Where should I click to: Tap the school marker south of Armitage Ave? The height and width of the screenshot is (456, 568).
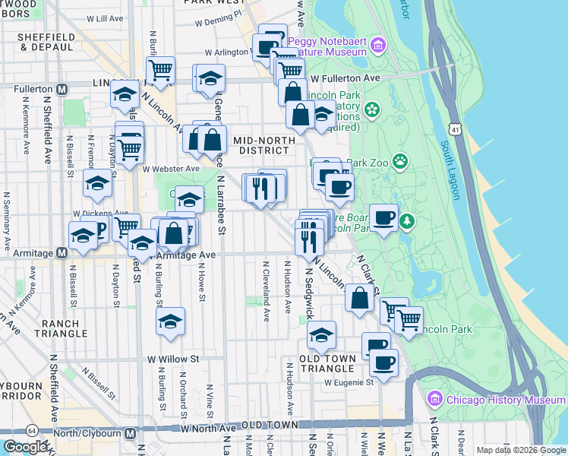coord(171,321)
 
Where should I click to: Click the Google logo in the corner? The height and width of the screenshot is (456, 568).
coord(25,447)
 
